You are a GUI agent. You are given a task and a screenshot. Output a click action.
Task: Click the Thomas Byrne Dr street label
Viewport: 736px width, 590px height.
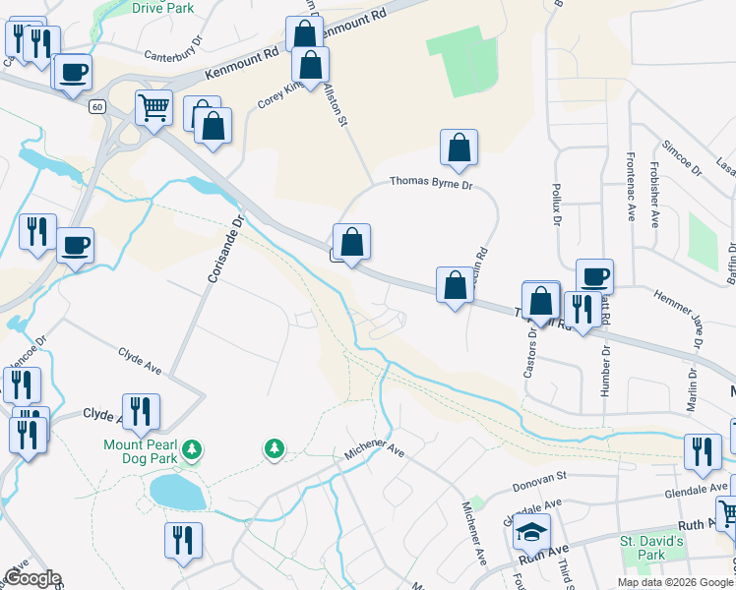click(x=431, y=182)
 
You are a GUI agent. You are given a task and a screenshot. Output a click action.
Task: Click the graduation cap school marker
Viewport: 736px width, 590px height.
click(x=531, y=532)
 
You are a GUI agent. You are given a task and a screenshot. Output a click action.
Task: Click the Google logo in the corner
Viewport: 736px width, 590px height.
click(x=31, y=578)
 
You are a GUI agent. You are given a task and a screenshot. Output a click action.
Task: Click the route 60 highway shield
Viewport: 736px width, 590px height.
click(x=95, y=106)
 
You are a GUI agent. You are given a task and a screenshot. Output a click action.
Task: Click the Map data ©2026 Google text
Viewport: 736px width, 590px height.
click(x=675, y=582)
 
